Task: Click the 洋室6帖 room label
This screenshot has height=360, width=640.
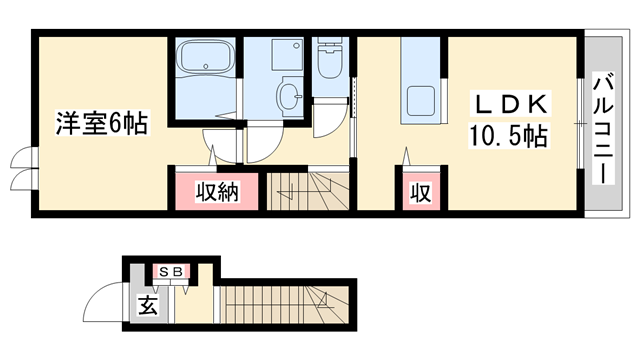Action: pos(102,122)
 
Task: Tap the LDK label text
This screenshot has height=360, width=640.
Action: pos(510,104)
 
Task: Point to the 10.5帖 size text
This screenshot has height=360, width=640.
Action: pos(508,136)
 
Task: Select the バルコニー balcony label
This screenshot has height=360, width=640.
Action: pos(603,127)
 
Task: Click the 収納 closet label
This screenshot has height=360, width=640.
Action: pos(217,192)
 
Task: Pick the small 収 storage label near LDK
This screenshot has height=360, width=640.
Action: pos(421,193)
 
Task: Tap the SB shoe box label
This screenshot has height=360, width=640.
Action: pos(171,272)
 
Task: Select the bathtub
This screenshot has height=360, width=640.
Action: pos(205,57)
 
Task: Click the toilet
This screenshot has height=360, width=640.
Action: pos(330,58)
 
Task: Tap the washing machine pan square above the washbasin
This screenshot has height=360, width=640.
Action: pos(287,55)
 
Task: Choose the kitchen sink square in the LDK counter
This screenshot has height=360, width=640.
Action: pos(420,100)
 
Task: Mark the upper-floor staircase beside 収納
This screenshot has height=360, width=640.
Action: pos(308,191)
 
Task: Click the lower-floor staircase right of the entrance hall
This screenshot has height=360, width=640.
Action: pos(285,305)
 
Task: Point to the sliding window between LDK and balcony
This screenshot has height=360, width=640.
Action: pos(580,123)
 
